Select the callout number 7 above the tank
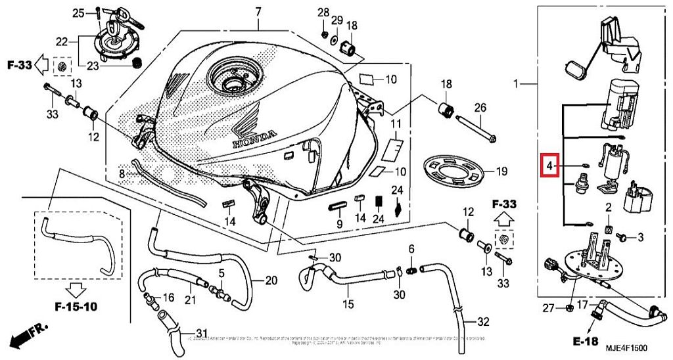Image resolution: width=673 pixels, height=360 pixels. (x=258, y=12)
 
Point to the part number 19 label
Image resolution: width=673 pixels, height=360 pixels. (x=502, y=172)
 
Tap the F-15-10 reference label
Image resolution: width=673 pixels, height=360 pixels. (x=76, y=306)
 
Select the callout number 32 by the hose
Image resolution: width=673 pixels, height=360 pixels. (x=483, y=323)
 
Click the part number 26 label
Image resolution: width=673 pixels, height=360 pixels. (x=480, y=108)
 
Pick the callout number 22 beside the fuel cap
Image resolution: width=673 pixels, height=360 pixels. (x=62, y=42)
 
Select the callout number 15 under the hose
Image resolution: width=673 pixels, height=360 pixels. (x=348, y=304)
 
